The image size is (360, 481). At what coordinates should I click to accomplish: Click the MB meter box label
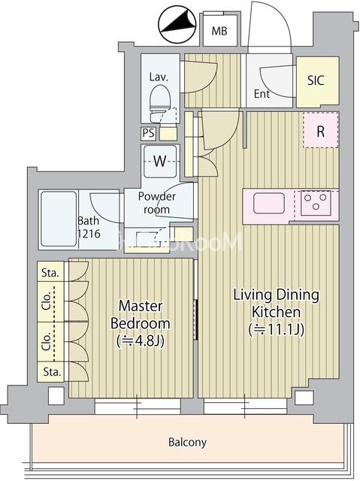point(219,31)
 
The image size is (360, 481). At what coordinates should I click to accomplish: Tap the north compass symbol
point(177,25)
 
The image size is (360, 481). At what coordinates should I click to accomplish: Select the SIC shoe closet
point(318,82)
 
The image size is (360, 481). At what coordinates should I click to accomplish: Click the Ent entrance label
point(262,94)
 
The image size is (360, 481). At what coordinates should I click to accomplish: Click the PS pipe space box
point(149,134)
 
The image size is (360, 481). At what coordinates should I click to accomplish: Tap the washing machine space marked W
point(160,161)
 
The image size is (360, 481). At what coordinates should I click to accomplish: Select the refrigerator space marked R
point(321,130)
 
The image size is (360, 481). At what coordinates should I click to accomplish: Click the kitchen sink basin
point(268,203)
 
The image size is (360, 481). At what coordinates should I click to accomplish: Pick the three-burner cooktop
point(316,203)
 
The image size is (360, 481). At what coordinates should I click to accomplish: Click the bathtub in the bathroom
point(59,219)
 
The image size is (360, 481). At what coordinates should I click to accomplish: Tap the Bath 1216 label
point(89,227)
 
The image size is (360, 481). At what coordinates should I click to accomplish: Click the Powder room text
point(156,203)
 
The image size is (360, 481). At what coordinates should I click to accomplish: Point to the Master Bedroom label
point(141,314)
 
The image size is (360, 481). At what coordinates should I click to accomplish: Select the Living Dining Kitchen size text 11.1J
point(277,330)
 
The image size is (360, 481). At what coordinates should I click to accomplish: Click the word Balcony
point(187,443)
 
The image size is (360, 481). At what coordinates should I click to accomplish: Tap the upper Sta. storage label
point(50,273)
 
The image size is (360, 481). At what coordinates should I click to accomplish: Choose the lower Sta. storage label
point(52,372)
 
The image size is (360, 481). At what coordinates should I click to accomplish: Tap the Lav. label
point(159,77)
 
